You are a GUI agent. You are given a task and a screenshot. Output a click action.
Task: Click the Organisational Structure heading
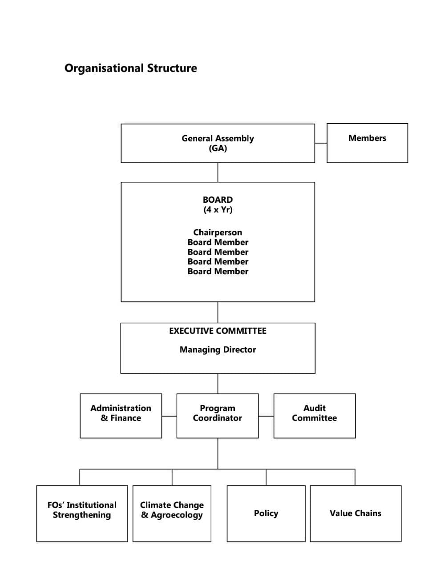click(130, 68)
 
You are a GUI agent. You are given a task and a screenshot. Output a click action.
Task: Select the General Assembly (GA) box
click(218, 143)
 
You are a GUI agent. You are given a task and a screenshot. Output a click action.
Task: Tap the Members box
click(367, 143)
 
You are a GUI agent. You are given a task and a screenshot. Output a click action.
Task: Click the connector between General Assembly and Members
click(321, 143)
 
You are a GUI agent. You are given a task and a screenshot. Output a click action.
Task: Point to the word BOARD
click(218, 200)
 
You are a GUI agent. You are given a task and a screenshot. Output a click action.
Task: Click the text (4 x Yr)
click(218, 210)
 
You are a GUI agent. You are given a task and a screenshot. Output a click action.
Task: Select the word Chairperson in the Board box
click(218, 232)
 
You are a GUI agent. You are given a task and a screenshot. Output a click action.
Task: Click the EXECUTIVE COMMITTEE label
click(218, 331)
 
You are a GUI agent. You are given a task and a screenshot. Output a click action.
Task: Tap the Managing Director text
click(218, 350)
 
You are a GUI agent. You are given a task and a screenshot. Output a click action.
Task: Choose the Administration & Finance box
click(121, 416)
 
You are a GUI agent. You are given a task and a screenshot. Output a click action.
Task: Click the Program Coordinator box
click(218, 416)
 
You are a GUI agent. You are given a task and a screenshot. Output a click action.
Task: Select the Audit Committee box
click(315, 416)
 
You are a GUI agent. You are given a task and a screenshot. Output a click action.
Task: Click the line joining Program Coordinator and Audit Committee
click(266, 416)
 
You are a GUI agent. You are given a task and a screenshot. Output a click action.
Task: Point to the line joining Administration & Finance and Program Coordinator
click(170, 416)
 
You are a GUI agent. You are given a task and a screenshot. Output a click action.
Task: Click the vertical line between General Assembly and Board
click(218, 172)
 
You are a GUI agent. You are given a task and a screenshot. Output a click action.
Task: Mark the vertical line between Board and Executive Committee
click(218, 313)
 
